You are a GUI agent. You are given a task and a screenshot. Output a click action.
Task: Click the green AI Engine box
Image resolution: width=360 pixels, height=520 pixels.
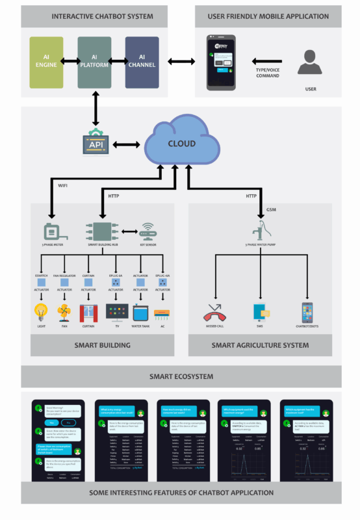click(x=46, y=62)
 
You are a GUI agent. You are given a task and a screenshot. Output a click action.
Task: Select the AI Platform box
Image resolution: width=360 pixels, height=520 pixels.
click(x=94, y=62)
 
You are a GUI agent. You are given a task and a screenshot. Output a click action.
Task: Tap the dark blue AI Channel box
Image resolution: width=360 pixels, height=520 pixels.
click(x=142, y=62)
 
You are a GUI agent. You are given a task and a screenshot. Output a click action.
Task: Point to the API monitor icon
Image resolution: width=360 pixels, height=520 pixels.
click(x=96, y=144)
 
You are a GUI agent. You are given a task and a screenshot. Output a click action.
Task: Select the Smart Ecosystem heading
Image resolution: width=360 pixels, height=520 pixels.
click(x=180, y=376)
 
